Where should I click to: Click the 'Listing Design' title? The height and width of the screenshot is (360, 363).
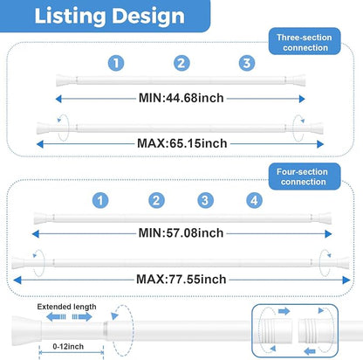[109, 16]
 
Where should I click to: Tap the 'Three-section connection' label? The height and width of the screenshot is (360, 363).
[305, 43]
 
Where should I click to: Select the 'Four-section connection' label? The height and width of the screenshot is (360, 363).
[303, 177]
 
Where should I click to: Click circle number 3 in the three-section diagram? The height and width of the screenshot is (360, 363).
[247, 63]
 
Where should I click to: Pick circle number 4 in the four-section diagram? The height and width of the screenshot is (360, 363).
[254, 200]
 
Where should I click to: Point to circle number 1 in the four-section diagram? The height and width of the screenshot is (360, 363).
[100, 200]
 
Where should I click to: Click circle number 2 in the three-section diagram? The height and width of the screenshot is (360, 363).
[181, 63]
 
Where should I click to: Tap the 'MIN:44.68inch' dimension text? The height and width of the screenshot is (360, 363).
[181, 98]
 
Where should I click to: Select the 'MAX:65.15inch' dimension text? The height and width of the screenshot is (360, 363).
[182, 143]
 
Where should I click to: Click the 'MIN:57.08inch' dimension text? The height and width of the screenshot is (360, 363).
[181, 233]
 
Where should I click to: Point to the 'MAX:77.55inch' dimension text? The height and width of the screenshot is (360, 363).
[181, 279]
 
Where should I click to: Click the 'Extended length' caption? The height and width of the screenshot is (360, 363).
[66, 307]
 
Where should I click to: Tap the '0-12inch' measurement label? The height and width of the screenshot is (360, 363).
[68, 347]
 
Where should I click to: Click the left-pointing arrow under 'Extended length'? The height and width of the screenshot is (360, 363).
[56, 317]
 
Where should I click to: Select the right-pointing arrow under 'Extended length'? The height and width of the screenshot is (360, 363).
[82, 317]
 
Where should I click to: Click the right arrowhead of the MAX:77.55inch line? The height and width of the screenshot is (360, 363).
[346, 280]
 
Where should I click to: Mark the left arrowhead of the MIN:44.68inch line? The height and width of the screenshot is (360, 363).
[58, 99]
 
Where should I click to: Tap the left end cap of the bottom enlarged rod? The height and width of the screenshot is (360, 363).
[26, 331]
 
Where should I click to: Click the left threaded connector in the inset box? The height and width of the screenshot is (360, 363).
[277, 331]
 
